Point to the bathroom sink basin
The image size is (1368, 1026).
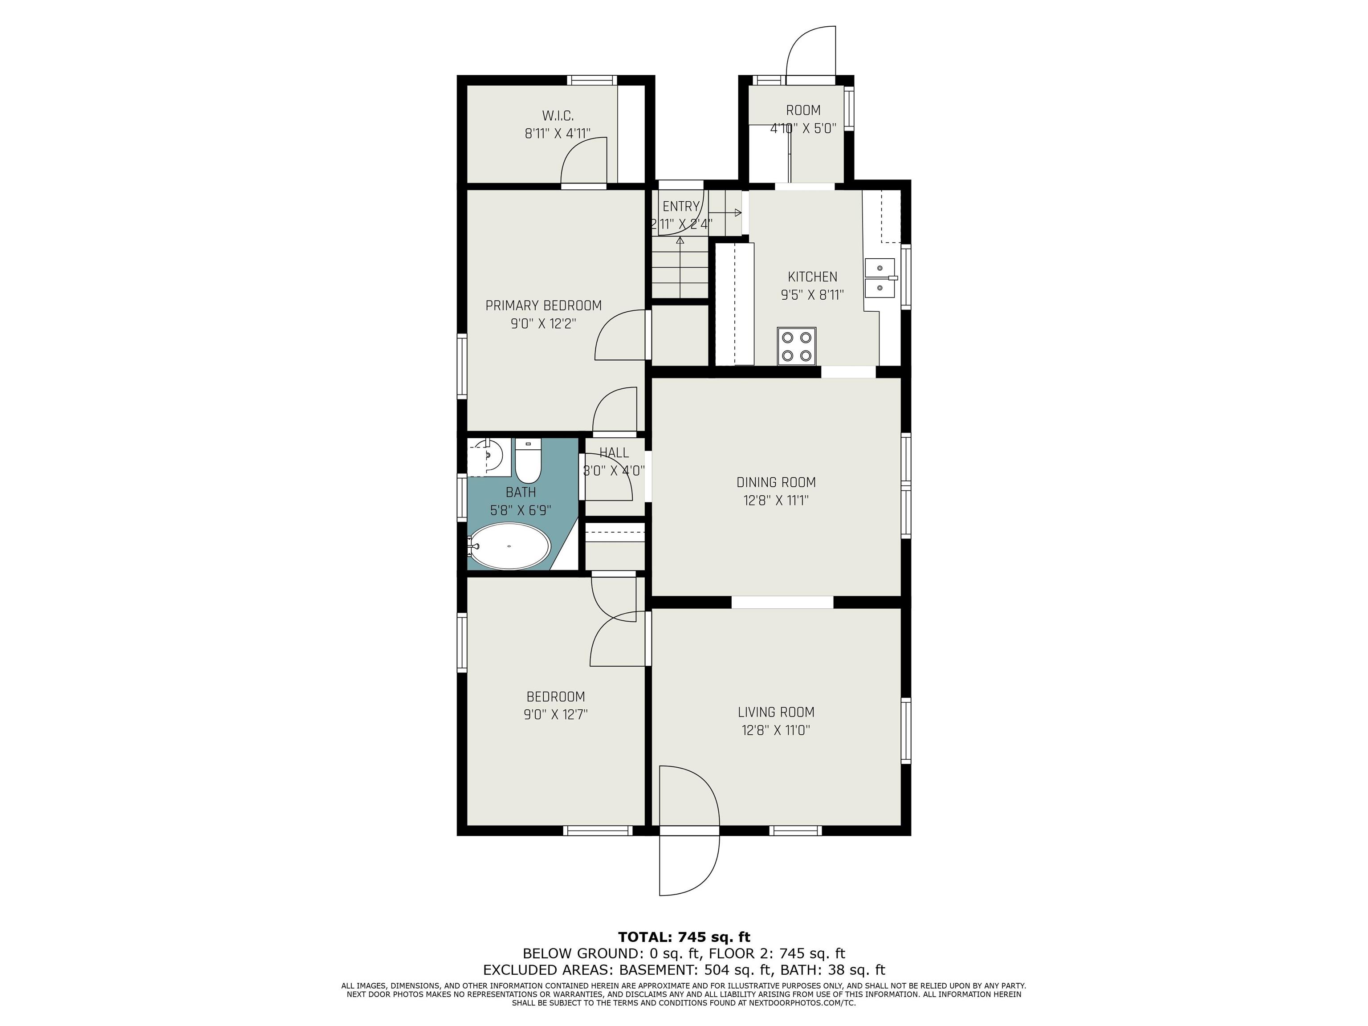489,456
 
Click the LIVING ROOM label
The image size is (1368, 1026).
776,712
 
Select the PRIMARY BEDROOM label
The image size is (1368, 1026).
543,305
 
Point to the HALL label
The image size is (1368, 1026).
614,453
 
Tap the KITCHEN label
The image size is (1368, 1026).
812,277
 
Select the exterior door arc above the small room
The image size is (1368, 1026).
809,49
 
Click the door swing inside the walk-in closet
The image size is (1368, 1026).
584,161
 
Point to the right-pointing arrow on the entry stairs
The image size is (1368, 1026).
727,213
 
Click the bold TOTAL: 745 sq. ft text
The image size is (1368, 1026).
684,937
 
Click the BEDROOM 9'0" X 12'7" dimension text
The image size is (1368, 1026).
555,714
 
